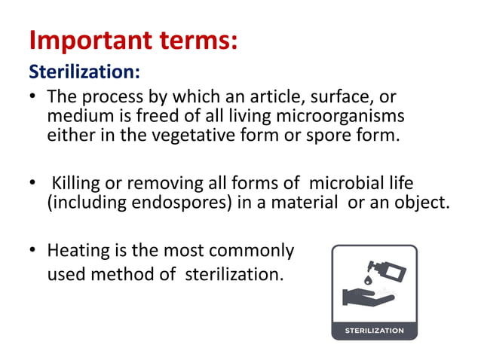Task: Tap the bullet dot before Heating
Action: click(x=32, y=251)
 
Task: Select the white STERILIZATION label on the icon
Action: click(x=374, y=331)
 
